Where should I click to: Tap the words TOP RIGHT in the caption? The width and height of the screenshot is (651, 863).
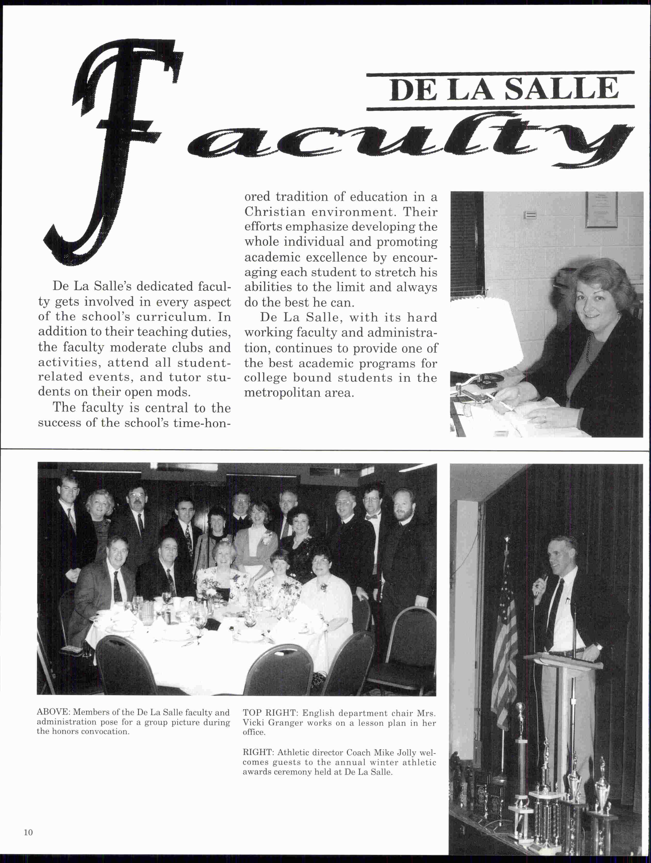click(269, 713)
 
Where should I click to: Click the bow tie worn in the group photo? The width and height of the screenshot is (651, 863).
click(372, 517)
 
